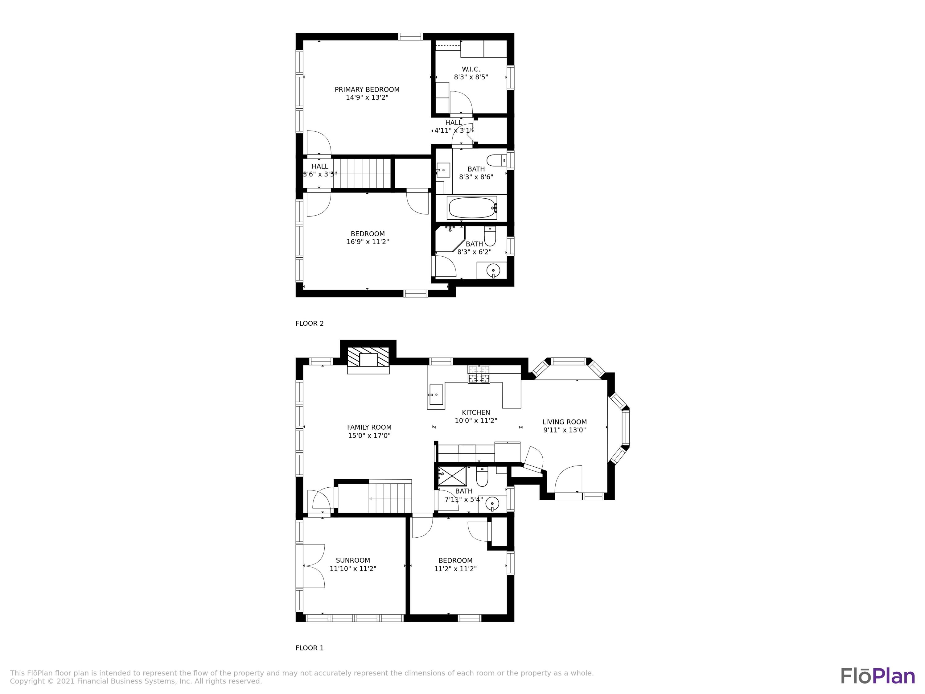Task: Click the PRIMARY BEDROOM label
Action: point(367,89)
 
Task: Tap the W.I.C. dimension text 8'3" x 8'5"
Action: point(471,77)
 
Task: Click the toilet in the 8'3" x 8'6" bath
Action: point(496,160)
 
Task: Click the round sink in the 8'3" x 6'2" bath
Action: point(493,271)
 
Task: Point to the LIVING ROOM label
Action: point(564,422)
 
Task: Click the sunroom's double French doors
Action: point(314,566)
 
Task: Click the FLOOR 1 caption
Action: point(310,648)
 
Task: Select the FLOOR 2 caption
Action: point(310,323)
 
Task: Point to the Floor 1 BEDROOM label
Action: point(455,560)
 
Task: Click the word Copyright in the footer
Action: point(27,681)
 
